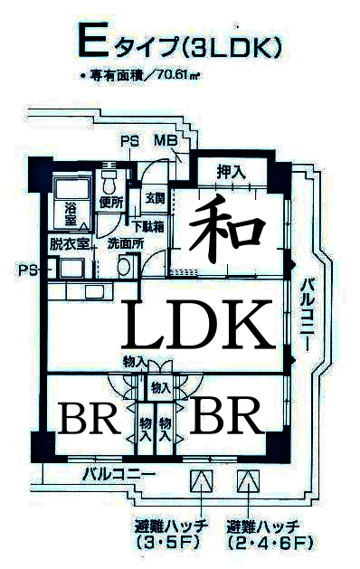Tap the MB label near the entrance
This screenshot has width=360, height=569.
click(x=166, y=141)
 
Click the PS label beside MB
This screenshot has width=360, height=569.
click(x=129, y=141)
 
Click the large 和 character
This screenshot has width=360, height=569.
click(x=230, y=225)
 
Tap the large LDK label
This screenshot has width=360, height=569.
click(x=197, y=324)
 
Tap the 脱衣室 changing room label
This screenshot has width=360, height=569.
click(x=69, y=243)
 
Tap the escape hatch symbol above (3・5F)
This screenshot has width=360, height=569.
click(x=200, y=480)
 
